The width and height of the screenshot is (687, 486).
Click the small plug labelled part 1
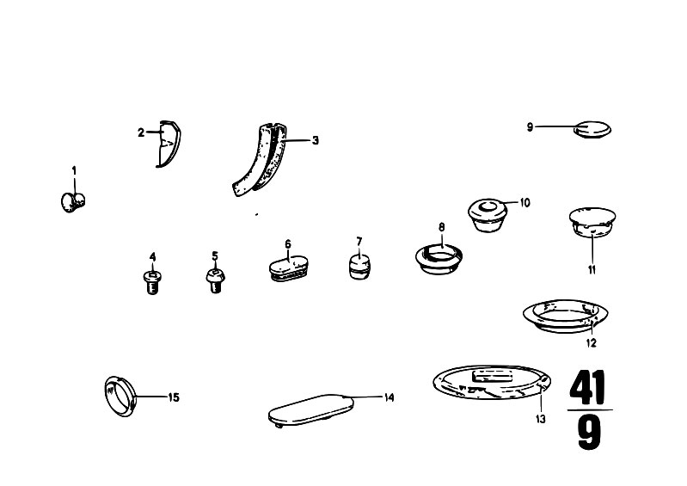click(x=73, y=202)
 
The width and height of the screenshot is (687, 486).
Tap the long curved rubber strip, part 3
click(x=261, y=160)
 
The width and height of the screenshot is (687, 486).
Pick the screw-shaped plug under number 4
click(x=152, y=283)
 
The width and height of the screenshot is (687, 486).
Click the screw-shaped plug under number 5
click(x=215, y=281)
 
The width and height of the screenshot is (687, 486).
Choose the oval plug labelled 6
click(x=288, y=268)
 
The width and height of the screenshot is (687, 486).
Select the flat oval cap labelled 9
click(x=592, y=129)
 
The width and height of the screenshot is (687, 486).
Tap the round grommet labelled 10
click(x=488, y=215)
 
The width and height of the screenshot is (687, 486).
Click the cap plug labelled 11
click(x=592, y=223)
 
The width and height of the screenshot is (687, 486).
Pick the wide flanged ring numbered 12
click(x=565, y=316)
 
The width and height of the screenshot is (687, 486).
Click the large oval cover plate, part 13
click(x=492, y=383)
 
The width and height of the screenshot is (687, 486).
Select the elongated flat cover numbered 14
click(x=311, y=409)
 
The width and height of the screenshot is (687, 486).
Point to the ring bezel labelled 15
click(x=120, y=397)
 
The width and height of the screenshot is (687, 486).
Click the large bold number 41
click(x=587, y=387)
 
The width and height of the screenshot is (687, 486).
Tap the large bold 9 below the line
click(x=589, y=433)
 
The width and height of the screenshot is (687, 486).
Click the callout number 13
click(x=541, y=420)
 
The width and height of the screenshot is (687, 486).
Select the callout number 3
click(x=315, y=141)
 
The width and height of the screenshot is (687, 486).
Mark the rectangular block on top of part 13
click(x=492, y=376)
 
